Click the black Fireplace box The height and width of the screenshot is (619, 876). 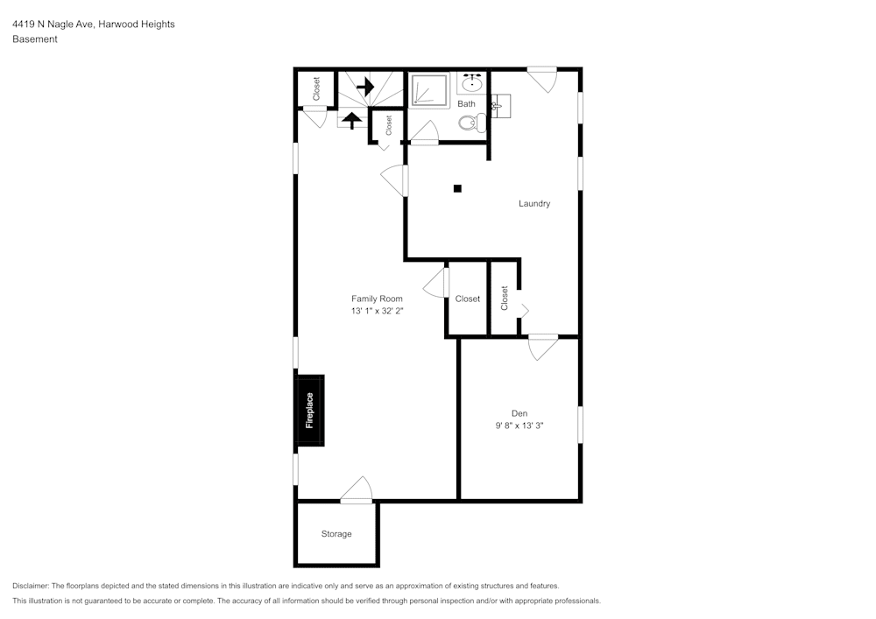coord(310,411)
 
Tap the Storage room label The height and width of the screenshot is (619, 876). coord(336,534)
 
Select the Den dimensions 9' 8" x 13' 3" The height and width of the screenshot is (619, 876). coord(520,426)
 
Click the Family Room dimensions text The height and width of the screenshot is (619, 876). coord(377,311)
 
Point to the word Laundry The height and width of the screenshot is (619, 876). coord(534,204)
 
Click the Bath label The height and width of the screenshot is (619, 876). coord(467,104)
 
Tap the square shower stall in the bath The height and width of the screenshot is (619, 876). coord(430,90)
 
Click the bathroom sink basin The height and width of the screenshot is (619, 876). coord(471,85)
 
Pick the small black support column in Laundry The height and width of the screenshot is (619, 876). coord(457,187)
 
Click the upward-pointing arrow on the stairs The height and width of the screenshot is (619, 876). coord(352,120)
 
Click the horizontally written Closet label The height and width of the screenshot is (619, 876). coord(467,299)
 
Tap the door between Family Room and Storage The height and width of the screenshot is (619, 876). coord(357,491)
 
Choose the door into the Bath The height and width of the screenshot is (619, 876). coord(425,133)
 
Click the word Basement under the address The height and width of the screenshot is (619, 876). coord(35,39)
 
